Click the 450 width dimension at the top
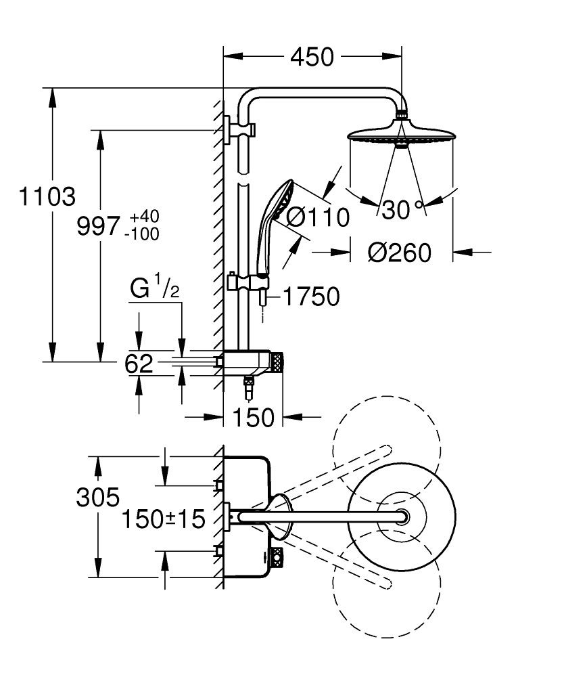[312, 57]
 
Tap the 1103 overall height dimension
[47, 196]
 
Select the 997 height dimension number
[98, 226]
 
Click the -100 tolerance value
[142, 234]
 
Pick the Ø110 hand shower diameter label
[318, 217]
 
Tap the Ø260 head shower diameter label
[399, 253]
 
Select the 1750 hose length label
[311, 297]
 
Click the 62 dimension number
[139, 364]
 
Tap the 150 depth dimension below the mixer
[253, 418]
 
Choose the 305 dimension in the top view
[98, 498]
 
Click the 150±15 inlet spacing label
[164, 519]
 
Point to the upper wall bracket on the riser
[239, 129]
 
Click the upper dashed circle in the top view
[387, 450]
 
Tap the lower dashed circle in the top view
[387, 584]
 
